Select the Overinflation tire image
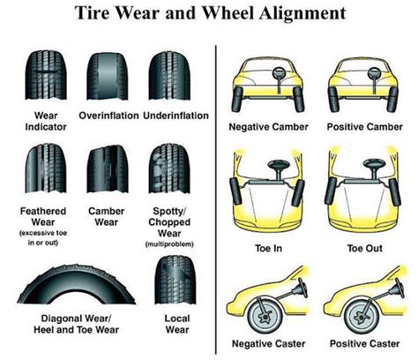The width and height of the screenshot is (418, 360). [107, 72]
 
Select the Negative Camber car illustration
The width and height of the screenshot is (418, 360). [265, 82]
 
